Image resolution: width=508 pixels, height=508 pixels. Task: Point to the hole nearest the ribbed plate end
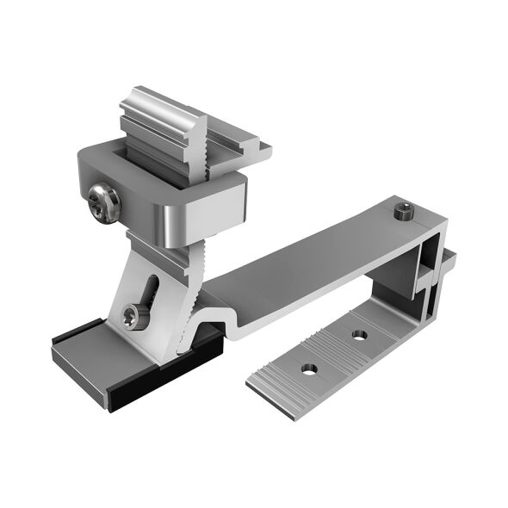coord(306,369)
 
